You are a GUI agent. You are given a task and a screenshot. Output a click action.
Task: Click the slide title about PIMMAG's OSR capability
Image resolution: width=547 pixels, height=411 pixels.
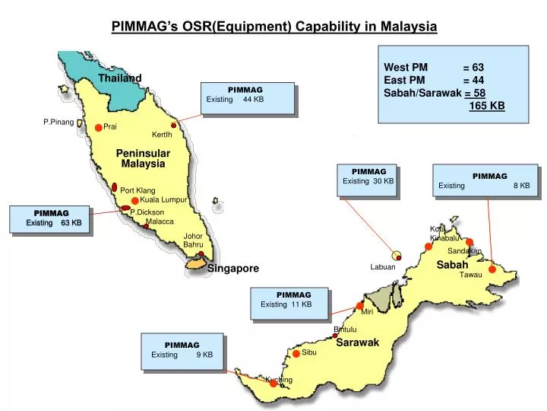274,27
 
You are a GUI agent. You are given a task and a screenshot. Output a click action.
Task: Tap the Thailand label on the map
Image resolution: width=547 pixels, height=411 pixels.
120,78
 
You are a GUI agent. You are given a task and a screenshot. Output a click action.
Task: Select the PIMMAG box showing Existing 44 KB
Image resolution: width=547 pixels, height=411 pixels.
247,97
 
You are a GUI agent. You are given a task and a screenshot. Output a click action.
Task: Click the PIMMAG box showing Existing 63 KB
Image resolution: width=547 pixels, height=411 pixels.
50,218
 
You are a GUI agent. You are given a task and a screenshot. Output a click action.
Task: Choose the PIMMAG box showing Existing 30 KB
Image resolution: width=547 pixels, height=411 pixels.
368,180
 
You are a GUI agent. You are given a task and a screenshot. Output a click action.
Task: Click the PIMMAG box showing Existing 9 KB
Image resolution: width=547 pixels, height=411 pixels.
182,350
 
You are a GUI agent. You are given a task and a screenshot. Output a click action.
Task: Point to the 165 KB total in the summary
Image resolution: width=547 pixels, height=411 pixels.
487,105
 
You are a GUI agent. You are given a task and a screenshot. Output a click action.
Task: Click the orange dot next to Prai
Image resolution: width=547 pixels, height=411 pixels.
99,128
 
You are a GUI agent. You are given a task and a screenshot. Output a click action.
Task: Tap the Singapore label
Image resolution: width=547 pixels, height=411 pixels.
233,269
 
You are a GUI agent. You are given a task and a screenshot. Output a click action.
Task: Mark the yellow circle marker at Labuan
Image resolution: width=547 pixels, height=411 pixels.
397,255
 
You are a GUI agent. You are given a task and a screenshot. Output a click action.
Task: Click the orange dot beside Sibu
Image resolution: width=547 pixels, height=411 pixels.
296,353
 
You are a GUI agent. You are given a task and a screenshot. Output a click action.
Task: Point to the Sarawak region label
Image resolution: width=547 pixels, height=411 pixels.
358,342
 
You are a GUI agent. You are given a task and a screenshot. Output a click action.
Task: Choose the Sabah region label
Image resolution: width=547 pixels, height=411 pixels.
452,265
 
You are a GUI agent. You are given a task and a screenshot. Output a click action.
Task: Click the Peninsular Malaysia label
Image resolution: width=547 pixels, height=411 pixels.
143,158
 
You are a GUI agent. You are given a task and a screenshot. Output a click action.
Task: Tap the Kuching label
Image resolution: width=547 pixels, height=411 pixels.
279,380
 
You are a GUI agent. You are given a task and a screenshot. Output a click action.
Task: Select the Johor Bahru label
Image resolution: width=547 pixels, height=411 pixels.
193,241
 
